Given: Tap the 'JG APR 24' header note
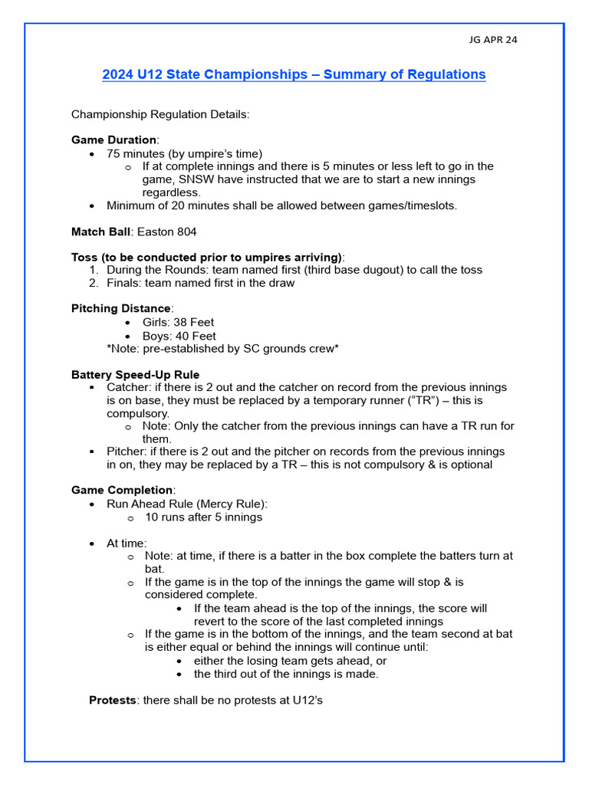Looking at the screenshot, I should point(492,40).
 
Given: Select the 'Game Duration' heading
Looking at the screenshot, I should point(114,140).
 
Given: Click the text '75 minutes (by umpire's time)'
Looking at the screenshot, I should point(184,153).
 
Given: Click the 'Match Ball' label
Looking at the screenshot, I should point(101,232).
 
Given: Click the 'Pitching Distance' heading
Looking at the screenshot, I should point(121,309).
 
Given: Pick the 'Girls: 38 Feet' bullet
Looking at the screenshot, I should point(179,323).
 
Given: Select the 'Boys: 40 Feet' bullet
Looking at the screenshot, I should point(179,336).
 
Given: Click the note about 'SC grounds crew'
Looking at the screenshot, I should point(222,349).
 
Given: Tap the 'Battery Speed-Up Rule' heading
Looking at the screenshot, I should point(135,375).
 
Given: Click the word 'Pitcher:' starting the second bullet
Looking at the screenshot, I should point(128,452).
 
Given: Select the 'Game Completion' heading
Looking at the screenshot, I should point(122,490).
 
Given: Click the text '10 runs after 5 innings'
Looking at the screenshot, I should point(203,517).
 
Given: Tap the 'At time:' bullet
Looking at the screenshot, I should point(127,543).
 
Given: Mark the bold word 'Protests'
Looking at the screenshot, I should point(112,700).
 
